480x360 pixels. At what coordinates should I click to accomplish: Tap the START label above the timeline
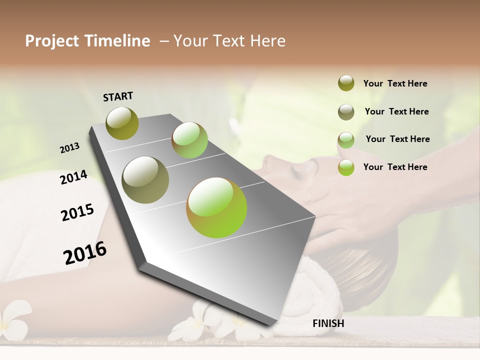(x=118, y=96)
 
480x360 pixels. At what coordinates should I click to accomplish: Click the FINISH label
(x=328, y=323)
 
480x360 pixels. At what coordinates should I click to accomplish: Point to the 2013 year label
(x=69, y=147)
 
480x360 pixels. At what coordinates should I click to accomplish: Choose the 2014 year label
(x=73, y=177)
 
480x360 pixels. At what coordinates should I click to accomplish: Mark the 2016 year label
(x=85, y=253)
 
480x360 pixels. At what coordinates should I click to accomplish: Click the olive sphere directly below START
(x=122, y=123)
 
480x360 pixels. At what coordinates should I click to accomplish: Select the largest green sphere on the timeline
(x=216, y=207)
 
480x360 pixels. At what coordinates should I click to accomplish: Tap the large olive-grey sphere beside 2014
(x=145, y=180)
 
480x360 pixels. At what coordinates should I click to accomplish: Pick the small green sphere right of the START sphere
(x=189, y=140)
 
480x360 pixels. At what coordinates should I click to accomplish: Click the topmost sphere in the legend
(x=346, y=83)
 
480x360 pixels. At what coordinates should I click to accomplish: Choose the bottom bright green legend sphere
(x=346, y=167)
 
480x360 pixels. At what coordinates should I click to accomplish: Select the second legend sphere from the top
(x=346, y=112)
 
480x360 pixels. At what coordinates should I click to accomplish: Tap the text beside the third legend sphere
(x=397, y=139)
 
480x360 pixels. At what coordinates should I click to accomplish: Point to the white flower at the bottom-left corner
(x=12, y=320)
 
